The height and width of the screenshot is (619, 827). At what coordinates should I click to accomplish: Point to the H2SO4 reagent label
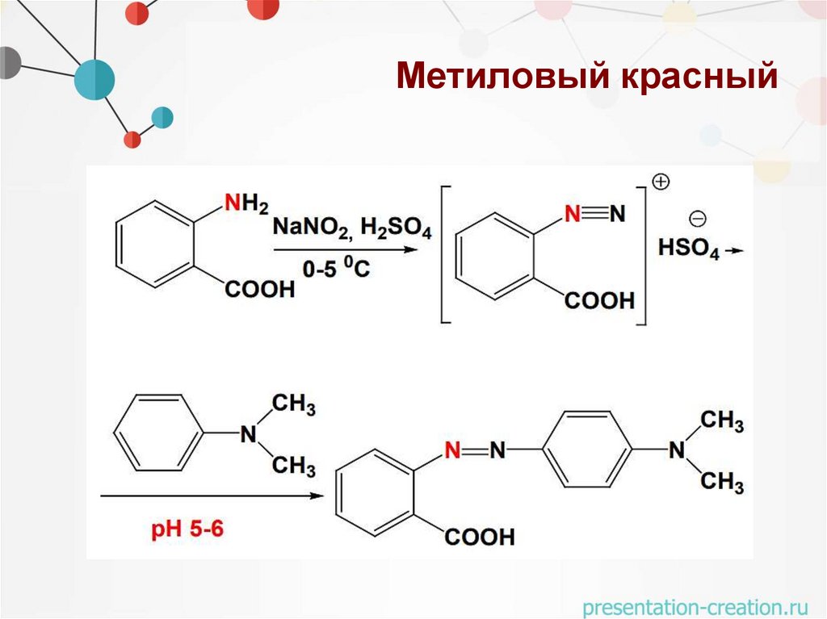tap(396, 228)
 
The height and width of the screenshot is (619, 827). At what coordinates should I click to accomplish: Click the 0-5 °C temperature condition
tap(336, 269)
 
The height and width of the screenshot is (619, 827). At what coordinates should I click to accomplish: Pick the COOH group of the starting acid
tap(260, 289)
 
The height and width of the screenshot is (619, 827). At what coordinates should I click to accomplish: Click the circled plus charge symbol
tap(661, 182)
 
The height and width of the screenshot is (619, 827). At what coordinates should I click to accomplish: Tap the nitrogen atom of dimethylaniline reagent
tap(248, 435)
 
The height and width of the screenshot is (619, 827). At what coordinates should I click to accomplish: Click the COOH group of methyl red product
tap(478, 537)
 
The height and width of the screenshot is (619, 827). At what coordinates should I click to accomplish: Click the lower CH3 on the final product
tap(721, 483)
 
